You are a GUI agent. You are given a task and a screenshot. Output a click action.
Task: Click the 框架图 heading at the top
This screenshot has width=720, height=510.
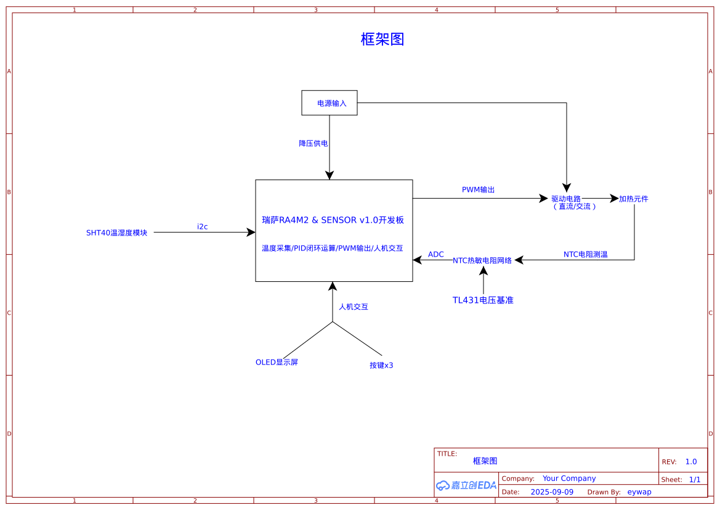point(382,39)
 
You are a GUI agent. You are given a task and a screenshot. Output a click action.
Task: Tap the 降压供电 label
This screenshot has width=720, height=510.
point(313,143)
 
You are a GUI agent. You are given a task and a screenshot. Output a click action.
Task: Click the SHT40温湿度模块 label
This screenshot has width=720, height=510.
point(117,233)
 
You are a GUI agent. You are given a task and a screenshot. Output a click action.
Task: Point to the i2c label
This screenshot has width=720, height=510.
point(203,227)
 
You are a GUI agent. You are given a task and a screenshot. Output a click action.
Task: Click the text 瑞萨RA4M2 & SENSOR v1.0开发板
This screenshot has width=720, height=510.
point(333,220)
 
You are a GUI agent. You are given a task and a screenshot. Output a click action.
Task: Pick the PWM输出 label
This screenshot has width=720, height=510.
point(479,190)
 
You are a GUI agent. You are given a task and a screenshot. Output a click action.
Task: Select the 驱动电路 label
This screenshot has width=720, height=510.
point(566,199)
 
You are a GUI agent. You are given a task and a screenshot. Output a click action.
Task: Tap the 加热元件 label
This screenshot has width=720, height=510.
point(634,199)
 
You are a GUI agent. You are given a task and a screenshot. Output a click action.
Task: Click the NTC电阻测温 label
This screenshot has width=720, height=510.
point(586,254)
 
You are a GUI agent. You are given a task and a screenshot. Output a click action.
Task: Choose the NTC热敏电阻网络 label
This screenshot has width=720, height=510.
point(482,261)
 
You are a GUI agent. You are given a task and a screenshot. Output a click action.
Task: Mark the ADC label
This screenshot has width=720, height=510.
point(436,255)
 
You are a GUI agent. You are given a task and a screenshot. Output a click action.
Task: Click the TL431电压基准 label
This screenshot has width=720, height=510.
point(483,300)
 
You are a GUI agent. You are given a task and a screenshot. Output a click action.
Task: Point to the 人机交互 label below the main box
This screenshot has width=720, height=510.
point(354,306)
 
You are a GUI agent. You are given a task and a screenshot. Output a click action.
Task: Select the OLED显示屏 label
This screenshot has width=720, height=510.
point(277,363)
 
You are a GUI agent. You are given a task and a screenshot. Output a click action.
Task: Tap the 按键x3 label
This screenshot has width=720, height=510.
point(381,366)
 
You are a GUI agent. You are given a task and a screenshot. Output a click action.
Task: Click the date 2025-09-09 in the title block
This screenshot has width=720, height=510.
point(552,492)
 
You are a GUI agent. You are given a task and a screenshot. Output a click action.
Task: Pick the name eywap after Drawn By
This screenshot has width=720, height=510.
point(639,492)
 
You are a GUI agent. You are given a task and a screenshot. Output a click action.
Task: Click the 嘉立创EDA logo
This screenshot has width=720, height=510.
point(466,485)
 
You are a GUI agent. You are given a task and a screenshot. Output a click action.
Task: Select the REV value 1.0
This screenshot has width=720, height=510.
point(691,462)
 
